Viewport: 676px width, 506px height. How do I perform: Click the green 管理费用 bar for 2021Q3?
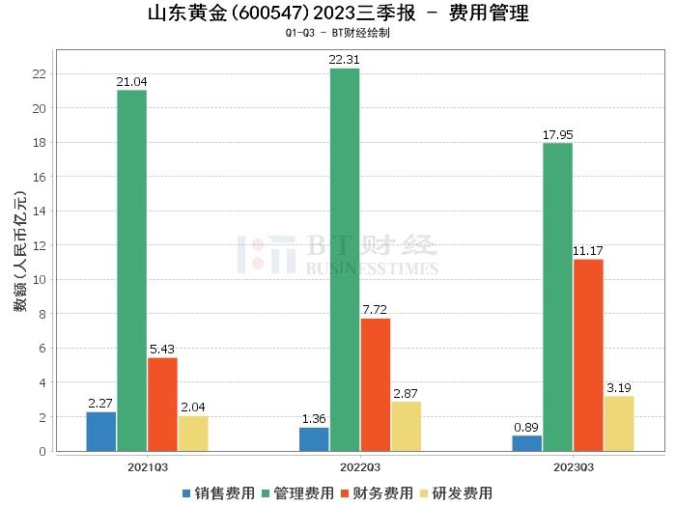tap(131, 270)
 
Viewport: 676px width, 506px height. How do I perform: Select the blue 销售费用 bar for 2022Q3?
tap(315, 439)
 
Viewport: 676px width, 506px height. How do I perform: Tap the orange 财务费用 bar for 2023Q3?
tap(588, 354)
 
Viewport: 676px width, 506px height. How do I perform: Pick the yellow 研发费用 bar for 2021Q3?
tap(193, 434)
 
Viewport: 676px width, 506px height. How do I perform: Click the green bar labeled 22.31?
tap(345, 259)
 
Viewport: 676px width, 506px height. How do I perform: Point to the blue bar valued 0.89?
tap(527, 443)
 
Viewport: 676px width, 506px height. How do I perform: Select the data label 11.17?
tap(588, 251)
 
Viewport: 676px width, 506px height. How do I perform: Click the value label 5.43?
tap(162, 349)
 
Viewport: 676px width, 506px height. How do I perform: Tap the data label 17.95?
tap(557, 134)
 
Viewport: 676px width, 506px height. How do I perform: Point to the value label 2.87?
tap(407, 394)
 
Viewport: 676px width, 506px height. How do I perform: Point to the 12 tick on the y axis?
tap(41, 245)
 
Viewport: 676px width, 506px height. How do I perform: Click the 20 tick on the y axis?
tap(41, 108)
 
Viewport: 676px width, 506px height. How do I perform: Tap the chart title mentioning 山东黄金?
tap(338, 14)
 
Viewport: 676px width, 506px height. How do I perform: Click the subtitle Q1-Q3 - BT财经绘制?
tap(338, 33)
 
